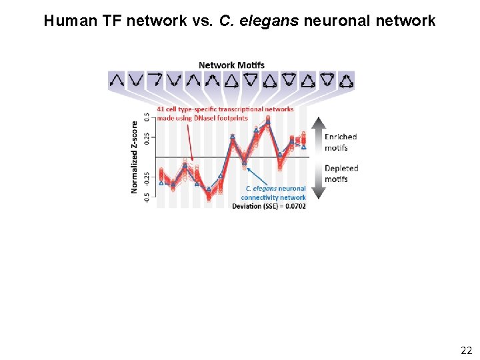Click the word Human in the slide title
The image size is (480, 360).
coord(65,21)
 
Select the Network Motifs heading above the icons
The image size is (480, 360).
coord(231,65)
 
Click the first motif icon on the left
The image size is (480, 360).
coord(117,81)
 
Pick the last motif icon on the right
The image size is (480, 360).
coord(347,81)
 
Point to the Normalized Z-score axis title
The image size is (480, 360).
coord(135,157)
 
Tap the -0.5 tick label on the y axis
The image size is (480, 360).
coord(147,198)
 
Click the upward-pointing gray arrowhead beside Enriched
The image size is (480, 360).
coord(318,125)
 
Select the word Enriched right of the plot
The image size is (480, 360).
coord(341,137)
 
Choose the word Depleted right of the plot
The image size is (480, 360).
coord(341,169)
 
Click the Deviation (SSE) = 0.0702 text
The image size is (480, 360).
coord(269,206)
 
